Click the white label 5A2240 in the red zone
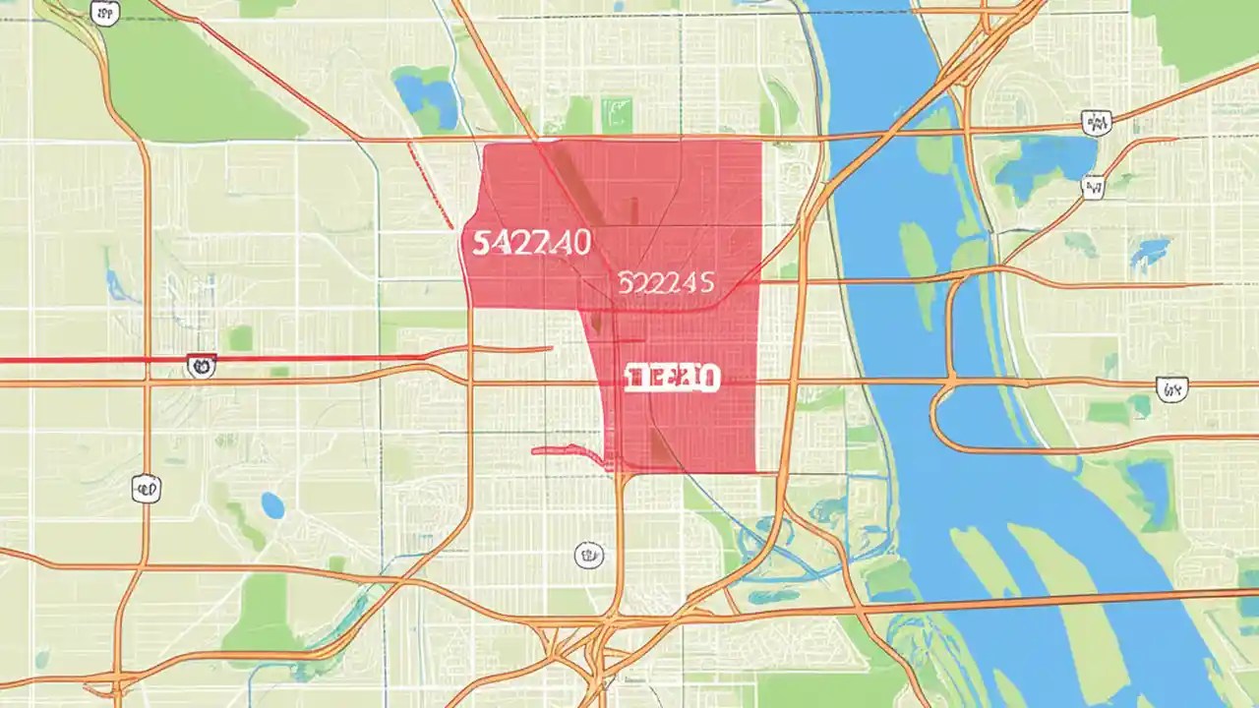pyautogui.click(x=531, y=242)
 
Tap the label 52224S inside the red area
pyautogui.click(x=666, y=283)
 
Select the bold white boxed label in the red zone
pyautogui.click(x=671, y=377)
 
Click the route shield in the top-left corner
pyautogui.click(x=101, y=12)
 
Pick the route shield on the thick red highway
pyautogui.click(x=200, y=367)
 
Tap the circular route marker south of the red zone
pyautogui.click(x=588, y=555)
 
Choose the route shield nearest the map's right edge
pyautogui.click(x=1170, y=389)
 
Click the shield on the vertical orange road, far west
pyautogui.click(x=146, y=487)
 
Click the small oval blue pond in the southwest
pyautogui.click(x=272, y=505)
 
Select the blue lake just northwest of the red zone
pyautogui.click(x=425, y=96)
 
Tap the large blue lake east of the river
pyautogui.click(x=1043, y=162)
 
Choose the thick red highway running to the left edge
pyautogui.click(x=98, y=360)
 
